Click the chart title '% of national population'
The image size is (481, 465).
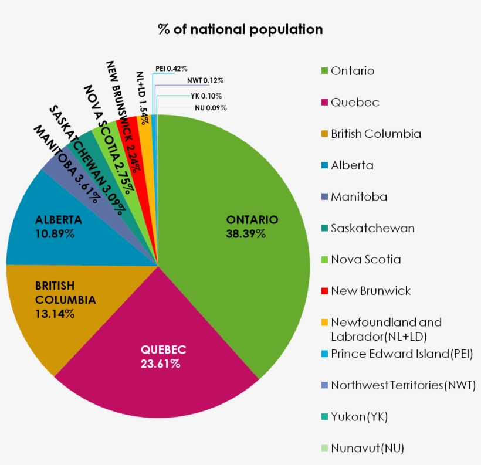[240, 29]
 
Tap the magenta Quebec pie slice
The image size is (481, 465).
[158, 375]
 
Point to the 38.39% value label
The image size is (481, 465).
[246, 234]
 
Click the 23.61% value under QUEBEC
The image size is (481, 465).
[160, 364]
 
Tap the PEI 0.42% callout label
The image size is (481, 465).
[171, 69]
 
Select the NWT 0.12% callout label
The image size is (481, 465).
[205, 80]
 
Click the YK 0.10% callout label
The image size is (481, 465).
[206, 96]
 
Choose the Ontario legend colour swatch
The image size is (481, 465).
[324, 71]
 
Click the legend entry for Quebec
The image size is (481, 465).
[354, 103]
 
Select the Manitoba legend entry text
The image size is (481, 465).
[358, 197]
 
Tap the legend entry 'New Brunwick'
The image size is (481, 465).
[370, 291]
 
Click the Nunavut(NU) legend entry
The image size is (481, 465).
[367, 449]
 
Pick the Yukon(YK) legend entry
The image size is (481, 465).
[359, 417]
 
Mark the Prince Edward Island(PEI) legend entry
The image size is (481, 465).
[402, 354]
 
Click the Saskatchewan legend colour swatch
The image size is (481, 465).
[324, 228]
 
